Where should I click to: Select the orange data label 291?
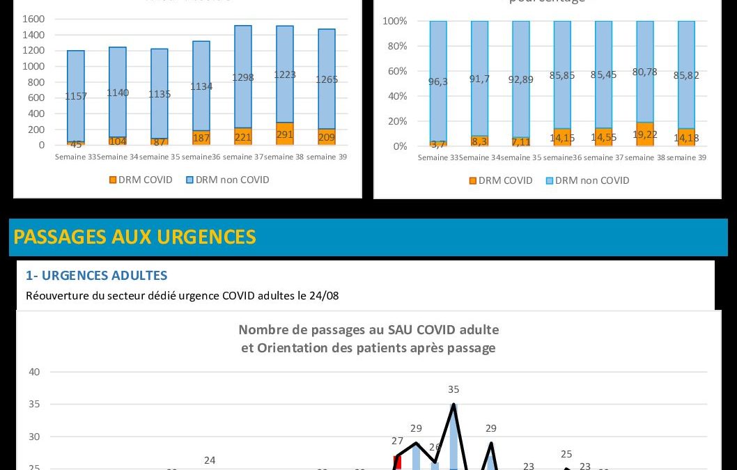coord(284,134)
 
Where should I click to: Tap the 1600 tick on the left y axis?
coord(33,19)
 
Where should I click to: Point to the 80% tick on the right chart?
coord(395,46)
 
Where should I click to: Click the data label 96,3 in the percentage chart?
coord(437,81)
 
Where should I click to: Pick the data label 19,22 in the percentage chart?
coord(645,134)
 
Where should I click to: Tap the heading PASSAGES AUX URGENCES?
coord(134,237)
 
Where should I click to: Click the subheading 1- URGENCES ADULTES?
coord(96,276)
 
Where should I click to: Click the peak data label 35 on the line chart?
coord(453,389)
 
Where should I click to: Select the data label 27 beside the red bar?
coord(397,441)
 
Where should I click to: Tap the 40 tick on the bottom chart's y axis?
coord(34,372)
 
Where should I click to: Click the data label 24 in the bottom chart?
coord(210,460)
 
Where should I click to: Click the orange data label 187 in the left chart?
coord(201,138)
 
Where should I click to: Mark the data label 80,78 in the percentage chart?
coord(645,71)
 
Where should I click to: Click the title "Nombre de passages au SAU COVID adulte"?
coord(368,329)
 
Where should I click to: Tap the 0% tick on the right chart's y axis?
coord(399,146)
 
